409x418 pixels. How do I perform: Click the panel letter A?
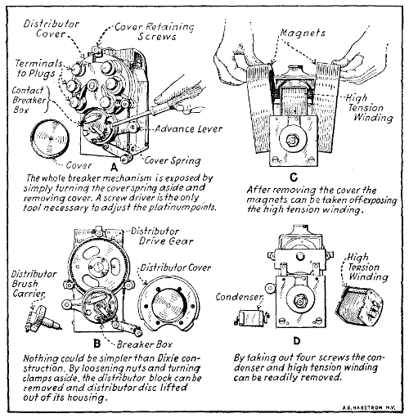point(115,167)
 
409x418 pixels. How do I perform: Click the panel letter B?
point(97,344)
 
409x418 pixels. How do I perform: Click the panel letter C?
point(294,178)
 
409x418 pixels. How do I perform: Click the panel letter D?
point(297,341)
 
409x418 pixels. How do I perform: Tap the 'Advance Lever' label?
point(188,128)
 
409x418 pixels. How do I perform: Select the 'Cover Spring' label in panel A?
point(173,160)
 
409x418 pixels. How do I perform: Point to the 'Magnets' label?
point(303,33)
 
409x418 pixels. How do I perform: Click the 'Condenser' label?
point(240,297)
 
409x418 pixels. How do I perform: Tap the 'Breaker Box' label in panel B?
point(145,344)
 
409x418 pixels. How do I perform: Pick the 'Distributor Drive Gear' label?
point(162,236)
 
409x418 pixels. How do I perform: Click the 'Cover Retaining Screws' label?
point(155,32)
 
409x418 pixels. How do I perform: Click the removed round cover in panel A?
point(50,139)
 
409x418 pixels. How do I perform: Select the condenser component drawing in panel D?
point(251,317)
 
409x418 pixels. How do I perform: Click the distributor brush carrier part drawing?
point(43,318)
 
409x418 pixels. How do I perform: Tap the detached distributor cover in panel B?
point(169,303)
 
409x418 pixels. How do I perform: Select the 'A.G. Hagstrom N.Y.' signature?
point(368,408)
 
